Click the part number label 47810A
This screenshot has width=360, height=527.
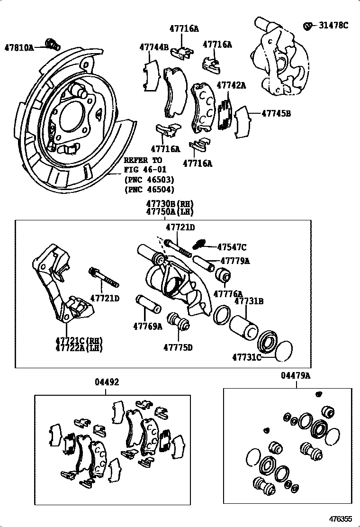[19, 47]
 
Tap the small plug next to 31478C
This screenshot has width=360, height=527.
[308, 26]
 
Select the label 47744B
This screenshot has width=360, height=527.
[154, 47]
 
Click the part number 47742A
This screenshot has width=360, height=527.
[231, 85]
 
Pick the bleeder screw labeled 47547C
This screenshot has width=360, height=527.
[201, 245]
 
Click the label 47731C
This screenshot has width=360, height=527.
[246, 357]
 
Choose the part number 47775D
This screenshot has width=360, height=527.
[178, 347]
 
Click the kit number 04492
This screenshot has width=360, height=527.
[106, 382]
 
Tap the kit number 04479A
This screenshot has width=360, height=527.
[296, 376]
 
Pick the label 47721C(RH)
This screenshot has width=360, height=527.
[79, 340]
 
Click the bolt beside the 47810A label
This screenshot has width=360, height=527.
[52, 44]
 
